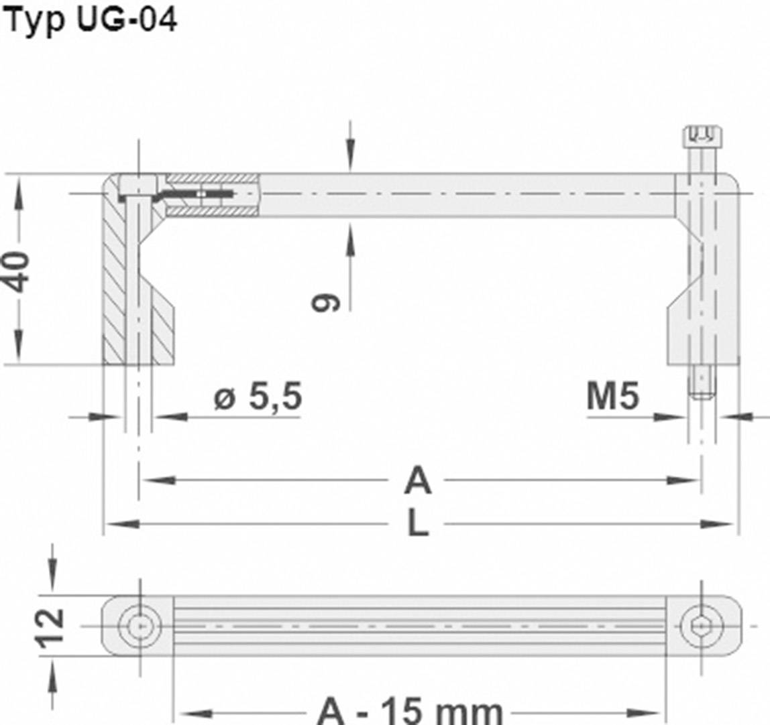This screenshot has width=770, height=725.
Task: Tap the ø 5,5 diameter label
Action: pyautogui.click(x=258, y=398)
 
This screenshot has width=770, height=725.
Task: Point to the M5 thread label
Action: pyautogui.click(x=613, y=397)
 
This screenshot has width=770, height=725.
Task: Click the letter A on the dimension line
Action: pyautogui.click(x=417, y=481)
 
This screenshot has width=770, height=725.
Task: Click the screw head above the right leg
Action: pyautogui.click(x=702, y=137)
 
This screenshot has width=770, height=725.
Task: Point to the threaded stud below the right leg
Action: pyautogui.click(x=702, y=383)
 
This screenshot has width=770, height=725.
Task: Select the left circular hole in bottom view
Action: pyautogui.click(x=140, y=626)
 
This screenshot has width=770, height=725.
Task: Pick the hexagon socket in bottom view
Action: pyautogui.click(x=702, y=626)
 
